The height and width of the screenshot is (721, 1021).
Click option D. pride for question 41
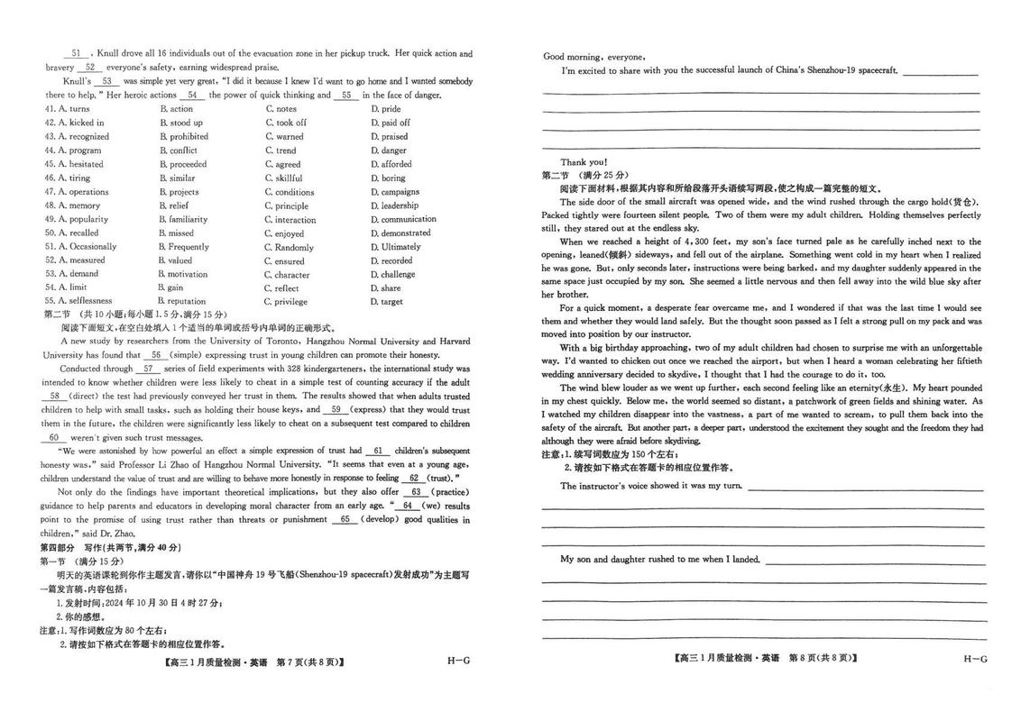(x=385, y=109)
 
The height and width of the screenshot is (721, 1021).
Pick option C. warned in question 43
(x=284, y=137)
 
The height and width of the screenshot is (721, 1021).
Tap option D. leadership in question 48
(x=394, y=205)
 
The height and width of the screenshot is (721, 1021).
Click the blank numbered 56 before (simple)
(x=155, y=355)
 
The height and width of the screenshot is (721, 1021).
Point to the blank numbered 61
(x=378, y=451)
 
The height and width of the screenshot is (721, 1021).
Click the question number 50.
(x=51, y=233)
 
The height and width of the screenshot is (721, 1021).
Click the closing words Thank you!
(x=584, y=162)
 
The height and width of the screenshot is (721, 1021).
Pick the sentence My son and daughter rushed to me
(x=659, y=560)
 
